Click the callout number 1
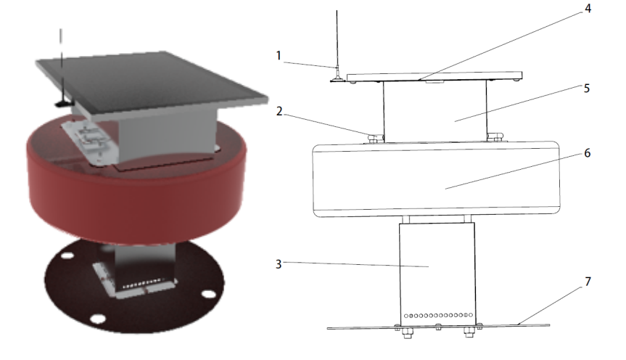pos(279,56)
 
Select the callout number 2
pos(279,111)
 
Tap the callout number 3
pos(279,264)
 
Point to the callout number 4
pos(588,9)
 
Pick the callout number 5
pos(587,89)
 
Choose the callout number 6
pos(587,153)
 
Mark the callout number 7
pos(588,282)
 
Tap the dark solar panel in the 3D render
pos(152,80)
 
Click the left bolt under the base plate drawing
pos(407,333)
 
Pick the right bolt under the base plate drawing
pos(469,332)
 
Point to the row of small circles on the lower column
pos(438,315)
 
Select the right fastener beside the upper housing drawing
pos(495,137)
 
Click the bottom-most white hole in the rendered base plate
pos(98,319)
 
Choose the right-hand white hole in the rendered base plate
pos(208,295)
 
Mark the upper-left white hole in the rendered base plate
pos(68,255)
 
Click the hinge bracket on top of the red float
pos(90,142)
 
